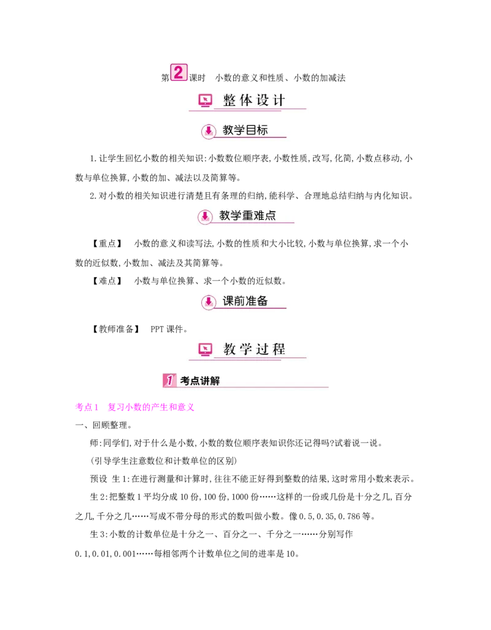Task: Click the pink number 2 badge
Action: (179, 73)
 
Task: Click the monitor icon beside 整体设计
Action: (205, 101)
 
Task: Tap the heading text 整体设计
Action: (254, 101)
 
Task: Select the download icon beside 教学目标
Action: (209, 131)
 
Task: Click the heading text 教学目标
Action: (245, 130)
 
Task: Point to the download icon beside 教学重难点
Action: (206, 216)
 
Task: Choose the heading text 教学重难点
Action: (247, 216)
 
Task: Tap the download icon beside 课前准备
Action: (209, 302)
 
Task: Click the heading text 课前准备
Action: (245, 301)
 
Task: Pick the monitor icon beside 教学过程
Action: (205, 349)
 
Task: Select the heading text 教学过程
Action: (254, 349)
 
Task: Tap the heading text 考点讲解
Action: (199, 381)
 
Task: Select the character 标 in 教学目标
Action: (262, 130)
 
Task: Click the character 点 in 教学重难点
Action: (270, 216)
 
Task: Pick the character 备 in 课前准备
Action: (262, 301)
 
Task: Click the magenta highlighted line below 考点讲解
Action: (134, 407)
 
